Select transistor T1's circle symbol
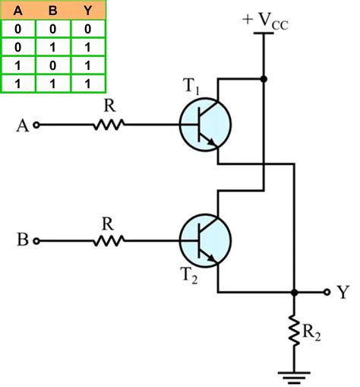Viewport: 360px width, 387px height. [206, 125]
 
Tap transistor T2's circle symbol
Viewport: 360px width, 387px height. [206, 240]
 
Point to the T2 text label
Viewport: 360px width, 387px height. [190, 278]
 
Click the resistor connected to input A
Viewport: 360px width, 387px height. [109, 125]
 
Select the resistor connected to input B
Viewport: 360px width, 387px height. [109, 240]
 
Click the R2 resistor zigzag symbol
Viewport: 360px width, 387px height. [294, 330]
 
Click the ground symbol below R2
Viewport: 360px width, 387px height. [294, 374]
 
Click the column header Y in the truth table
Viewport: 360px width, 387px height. [87, 11]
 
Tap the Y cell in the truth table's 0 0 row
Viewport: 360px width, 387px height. [87, 29]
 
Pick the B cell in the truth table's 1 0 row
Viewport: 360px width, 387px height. [52, 65]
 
